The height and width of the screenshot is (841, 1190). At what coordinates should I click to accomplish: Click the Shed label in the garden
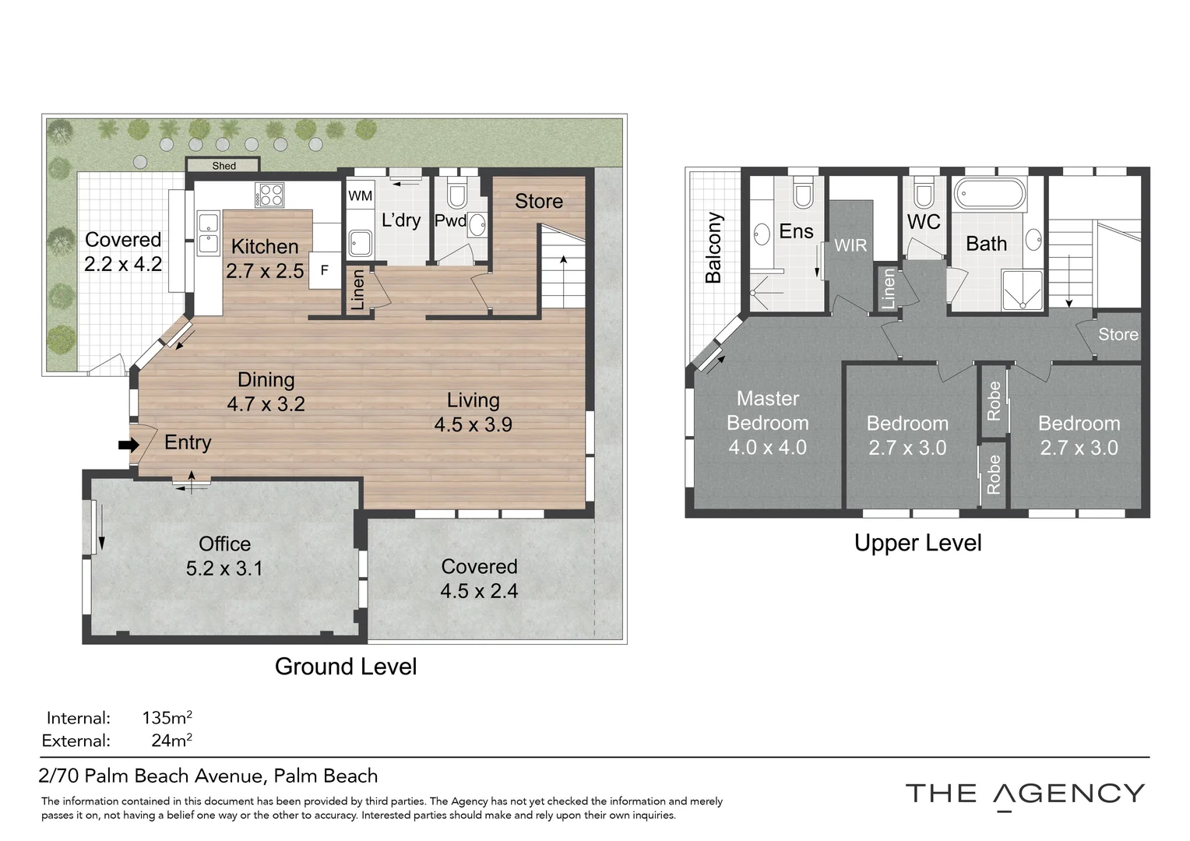point(224,166)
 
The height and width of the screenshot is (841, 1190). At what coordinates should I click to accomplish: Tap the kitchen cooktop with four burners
point(269,195)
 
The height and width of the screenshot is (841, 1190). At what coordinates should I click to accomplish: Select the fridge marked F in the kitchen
point(325,270)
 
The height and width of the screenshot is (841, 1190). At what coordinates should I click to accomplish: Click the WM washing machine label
point(360,196)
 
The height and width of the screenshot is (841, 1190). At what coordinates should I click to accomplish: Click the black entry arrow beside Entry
point(129,445)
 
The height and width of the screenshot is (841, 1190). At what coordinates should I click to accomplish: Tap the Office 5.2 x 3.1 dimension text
point(224,568)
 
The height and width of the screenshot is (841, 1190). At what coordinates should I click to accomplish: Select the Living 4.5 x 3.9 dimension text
point(473,424)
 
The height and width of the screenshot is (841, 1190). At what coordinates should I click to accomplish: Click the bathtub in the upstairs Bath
point(990,193)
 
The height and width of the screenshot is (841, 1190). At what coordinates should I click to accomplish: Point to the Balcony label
point(713,248)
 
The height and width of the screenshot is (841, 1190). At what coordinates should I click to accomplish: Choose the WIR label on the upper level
point(850,245)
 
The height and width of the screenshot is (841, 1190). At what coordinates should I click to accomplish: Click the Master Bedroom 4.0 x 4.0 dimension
point(768,447)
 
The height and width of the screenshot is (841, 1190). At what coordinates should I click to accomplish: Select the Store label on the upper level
point(1118,334)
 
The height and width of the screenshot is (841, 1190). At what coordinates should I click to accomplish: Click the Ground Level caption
point(346,667)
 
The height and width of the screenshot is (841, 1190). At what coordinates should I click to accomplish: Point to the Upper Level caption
point(918,543)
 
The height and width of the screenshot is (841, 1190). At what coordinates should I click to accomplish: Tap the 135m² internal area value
point(167,718)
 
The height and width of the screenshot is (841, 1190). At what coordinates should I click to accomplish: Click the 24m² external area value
point(171,740)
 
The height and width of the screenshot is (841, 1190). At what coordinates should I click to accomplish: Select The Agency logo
point(1026,796)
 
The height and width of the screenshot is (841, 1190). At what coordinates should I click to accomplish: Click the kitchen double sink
point(209,234)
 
